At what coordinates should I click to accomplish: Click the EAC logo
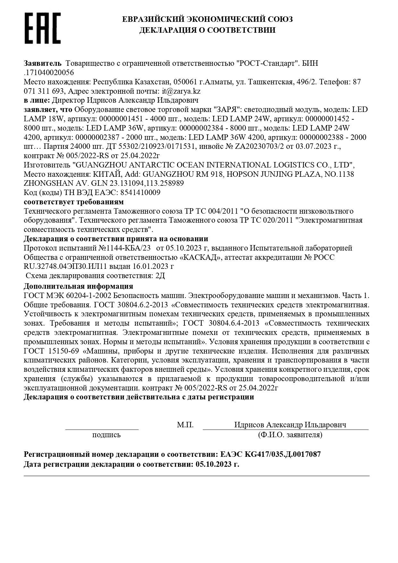(x=43, y=28)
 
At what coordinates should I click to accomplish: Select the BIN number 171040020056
(x=49, y=73)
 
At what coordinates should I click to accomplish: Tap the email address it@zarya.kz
(x=181, y=91)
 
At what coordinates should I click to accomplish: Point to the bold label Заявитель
(x=42, y=63)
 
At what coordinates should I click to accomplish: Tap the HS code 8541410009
(x=140, y=193)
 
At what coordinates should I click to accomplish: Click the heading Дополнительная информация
(x=78, y=286)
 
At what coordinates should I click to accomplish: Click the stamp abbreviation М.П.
(x=185, y=425)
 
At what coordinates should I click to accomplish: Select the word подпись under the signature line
(x=106, y=435)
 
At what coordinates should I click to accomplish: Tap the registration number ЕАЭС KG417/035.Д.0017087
(x=270, y=454)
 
